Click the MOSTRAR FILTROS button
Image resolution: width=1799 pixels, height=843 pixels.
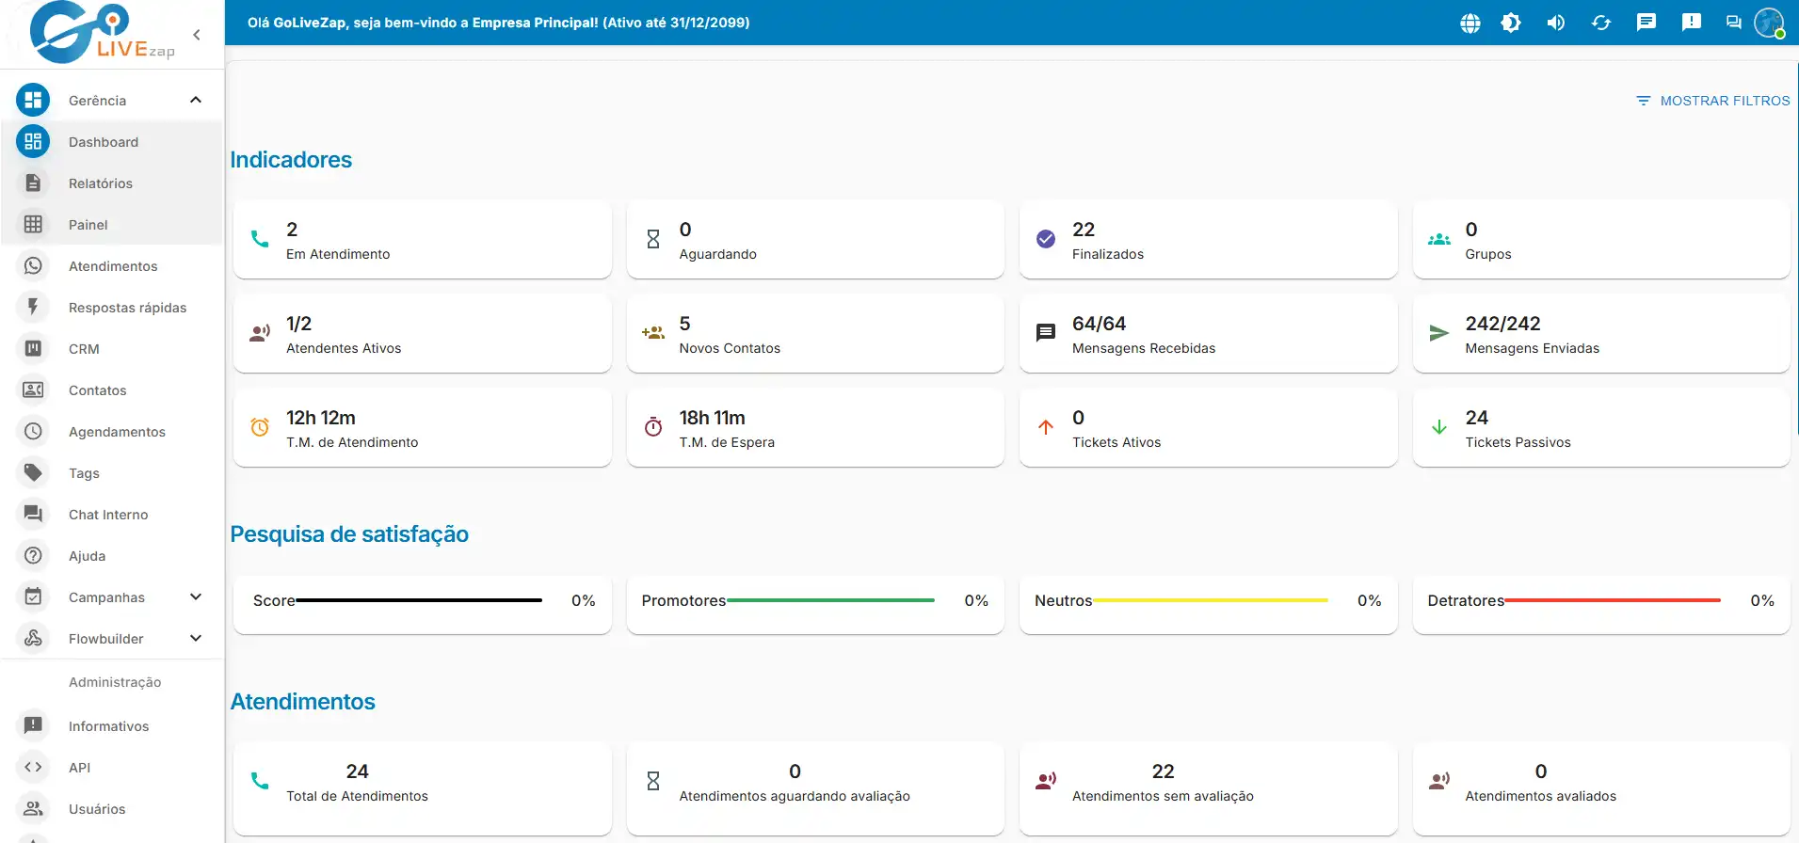pos(1712,101)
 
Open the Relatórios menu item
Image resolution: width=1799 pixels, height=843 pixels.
pos(101,183)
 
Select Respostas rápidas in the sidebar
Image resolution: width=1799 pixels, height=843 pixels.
pos(127,308)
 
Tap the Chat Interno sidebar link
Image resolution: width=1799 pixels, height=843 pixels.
pos(108,515)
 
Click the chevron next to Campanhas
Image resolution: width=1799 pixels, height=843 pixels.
pos(196,597)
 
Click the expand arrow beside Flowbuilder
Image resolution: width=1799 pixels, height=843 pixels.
pos(196,639)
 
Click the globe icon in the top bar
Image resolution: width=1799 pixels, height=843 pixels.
pos(1470,23)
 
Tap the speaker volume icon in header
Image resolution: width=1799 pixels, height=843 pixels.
pos(1556,23)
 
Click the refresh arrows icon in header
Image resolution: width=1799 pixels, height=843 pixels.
pos(1601,23)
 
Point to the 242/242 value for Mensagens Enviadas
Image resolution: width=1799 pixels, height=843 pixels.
pos(1502,324)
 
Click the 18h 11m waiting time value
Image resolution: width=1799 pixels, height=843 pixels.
pos(712,418)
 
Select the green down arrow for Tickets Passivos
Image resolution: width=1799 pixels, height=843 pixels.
pos(1439,427)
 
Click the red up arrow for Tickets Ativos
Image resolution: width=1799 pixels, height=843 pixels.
pos(1046,427)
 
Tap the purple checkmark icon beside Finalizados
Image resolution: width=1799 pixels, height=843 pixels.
pos(1046,239)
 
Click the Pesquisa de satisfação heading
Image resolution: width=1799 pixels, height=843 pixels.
pos(349,534)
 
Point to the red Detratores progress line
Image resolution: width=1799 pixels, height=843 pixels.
pos(1613,600)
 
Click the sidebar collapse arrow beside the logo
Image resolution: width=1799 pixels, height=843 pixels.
pos(197,35)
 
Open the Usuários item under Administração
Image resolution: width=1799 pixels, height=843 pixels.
pos(97,809)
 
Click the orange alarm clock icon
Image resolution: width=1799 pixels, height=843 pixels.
pos(260,427)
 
